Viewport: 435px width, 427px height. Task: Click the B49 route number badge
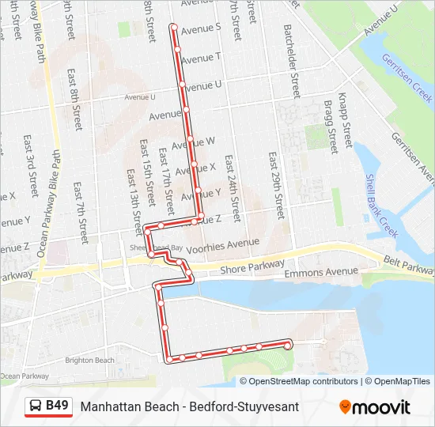[x=57, y=406]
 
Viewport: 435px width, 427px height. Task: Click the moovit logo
[x=375, y=407]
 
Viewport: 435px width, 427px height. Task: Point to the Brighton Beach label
[x=90, y=360]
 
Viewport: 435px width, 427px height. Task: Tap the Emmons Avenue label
[x=320, y=272]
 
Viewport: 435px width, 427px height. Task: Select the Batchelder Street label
[x=291, y=60]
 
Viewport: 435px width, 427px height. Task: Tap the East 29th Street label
[x=277, y=186]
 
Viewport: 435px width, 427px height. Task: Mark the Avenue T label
[x=197, y=58]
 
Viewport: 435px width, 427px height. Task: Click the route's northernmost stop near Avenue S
[x=174, y=27]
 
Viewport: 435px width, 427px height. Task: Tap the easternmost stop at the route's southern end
[x=288, y=344]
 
